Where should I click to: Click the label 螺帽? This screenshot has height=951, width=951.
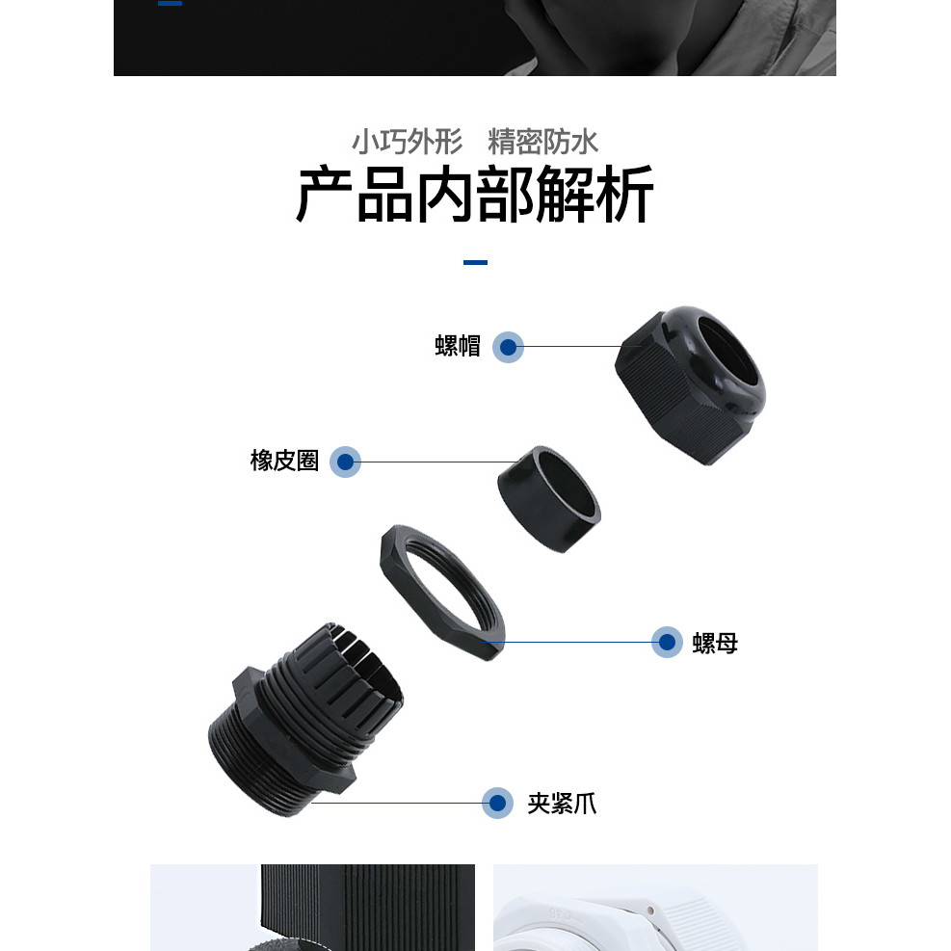click(x=458, y=346)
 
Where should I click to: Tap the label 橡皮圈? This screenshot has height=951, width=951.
click(x=284, y=461)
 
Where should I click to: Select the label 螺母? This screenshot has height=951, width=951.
click(x=715, y=643)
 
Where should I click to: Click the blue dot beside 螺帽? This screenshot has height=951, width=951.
click(x=508, y=348)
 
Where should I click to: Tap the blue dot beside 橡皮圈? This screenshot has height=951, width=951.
click(x=345, y=462)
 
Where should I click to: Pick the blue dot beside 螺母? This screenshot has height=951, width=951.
click(x=667, y=643)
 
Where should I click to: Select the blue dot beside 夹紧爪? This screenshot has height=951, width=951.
click(x=497, y=803)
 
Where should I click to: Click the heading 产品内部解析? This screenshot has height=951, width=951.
click(x=475, y=195)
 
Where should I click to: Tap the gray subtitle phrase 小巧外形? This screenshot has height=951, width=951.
click(x=408, y=142)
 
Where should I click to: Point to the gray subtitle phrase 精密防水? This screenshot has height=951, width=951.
click(x=542, y=142)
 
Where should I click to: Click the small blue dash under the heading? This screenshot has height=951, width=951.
click(x=476, y=263)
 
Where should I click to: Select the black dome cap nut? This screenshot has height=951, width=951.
click(x=690, y=385)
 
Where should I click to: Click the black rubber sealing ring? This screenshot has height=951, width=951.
click(x=549, y=499)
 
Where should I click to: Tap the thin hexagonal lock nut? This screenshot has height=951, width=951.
click(x=442, y=593)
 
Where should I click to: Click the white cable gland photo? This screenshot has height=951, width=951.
click(x=655, y=908)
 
